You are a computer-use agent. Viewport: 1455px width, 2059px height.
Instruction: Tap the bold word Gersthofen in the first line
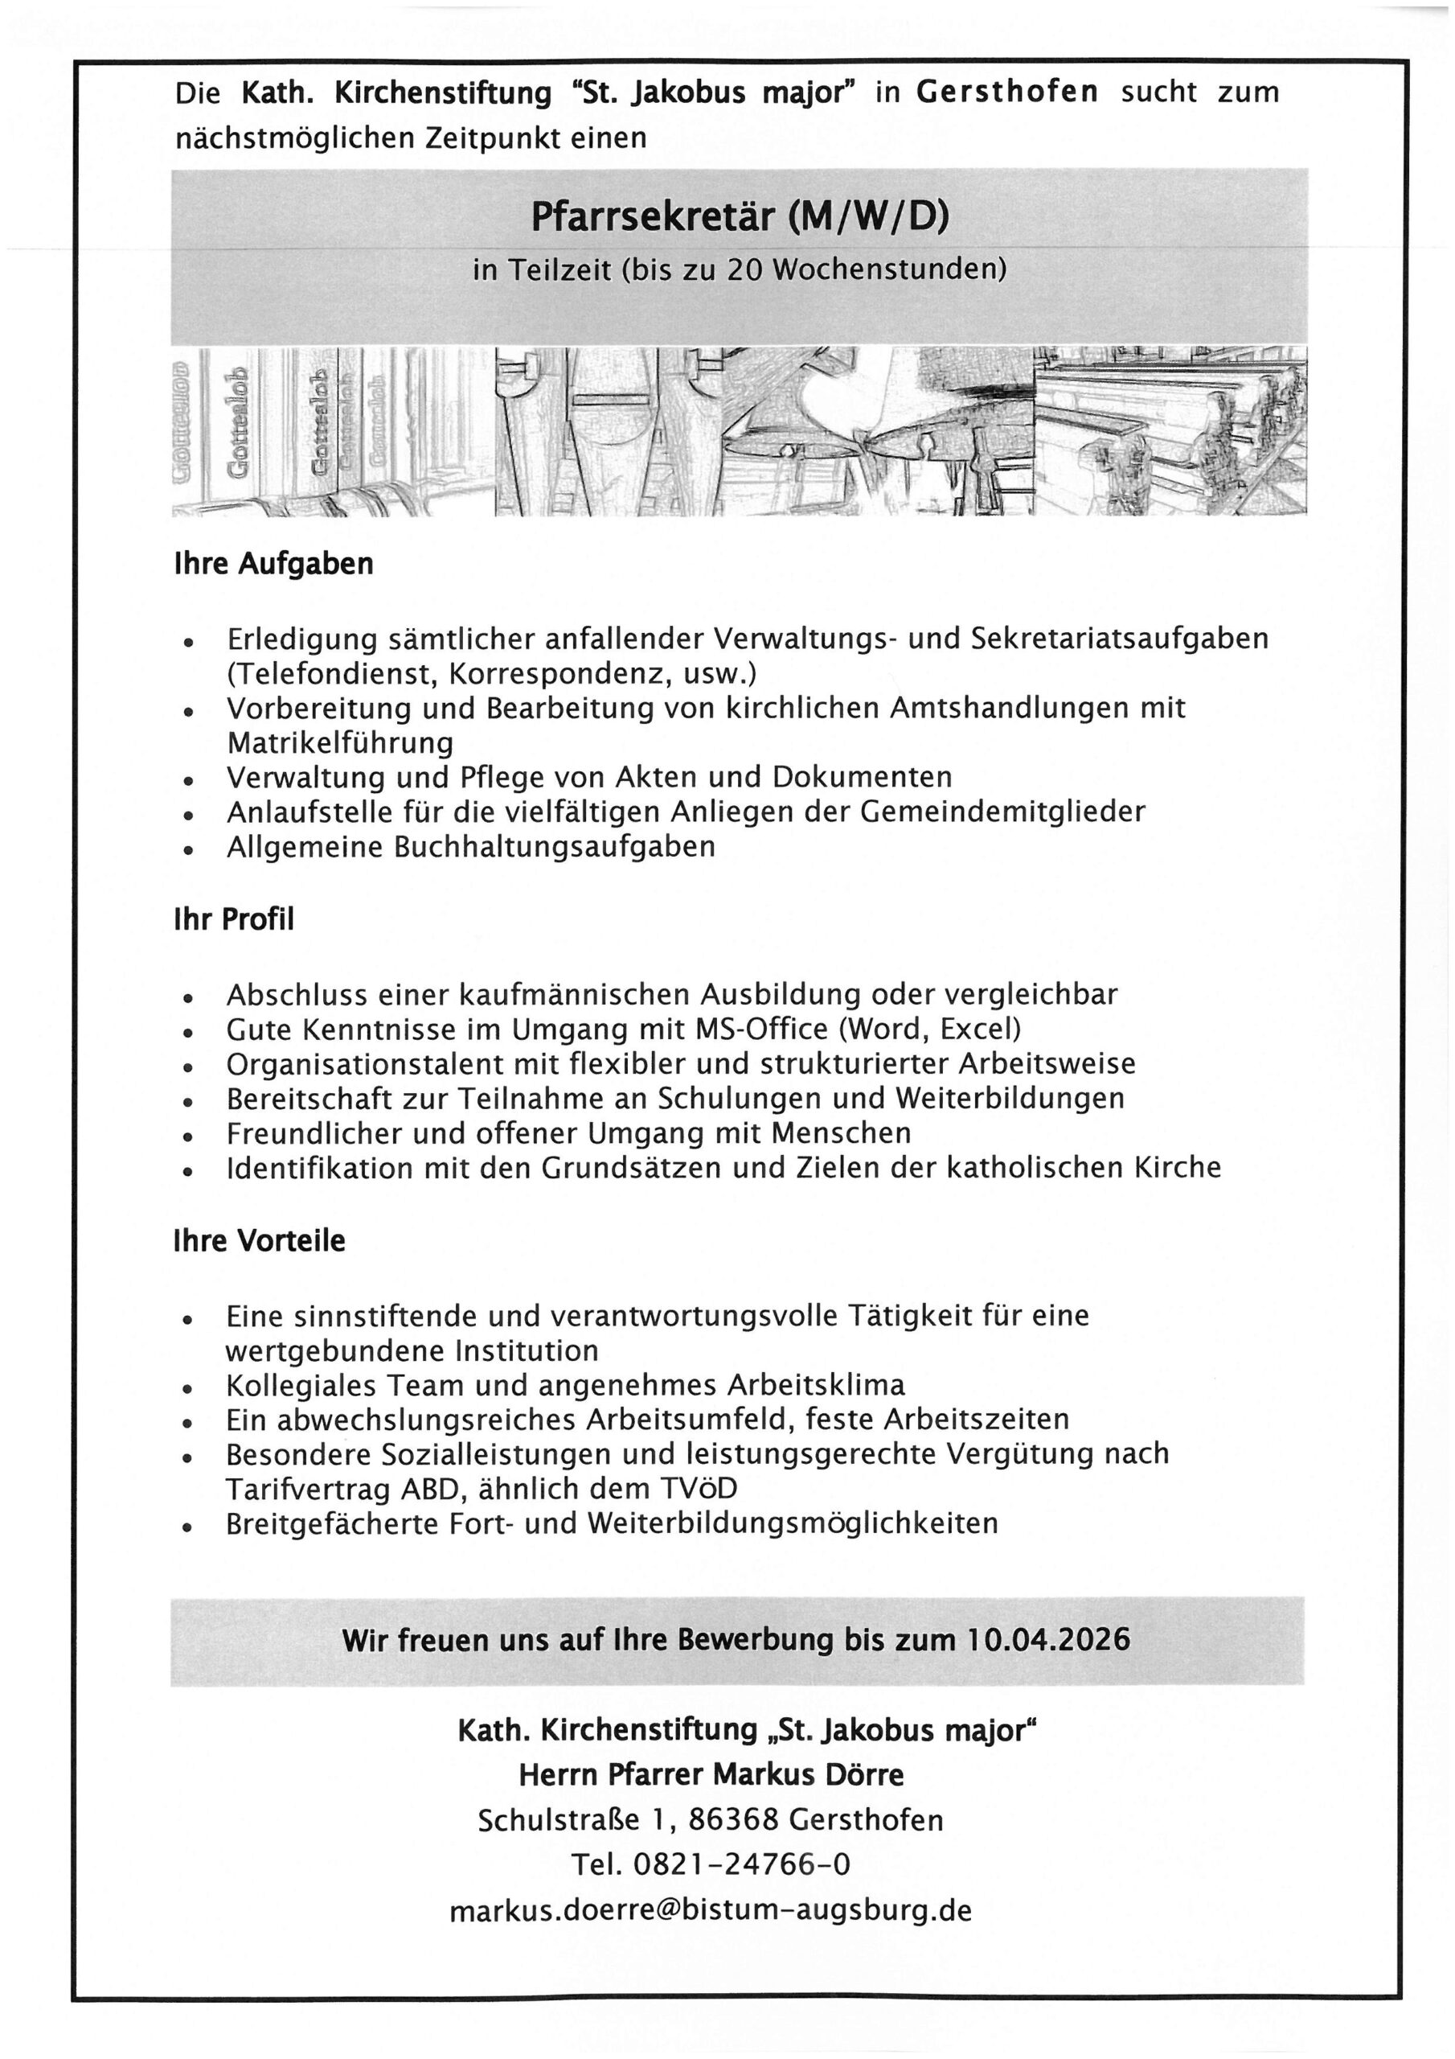(x=1006, y=92)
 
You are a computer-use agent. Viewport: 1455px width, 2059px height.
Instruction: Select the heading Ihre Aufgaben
(x=273, y=564)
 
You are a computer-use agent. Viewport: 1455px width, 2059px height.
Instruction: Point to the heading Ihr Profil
(x=234, y=920)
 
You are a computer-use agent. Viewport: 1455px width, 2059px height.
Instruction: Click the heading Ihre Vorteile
(x=259, y=1241)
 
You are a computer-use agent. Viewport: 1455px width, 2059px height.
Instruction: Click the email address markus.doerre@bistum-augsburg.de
(x=710, y=1909)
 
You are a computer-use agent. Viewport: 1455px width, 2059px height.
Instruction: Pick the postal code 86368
(x=734, y=1819)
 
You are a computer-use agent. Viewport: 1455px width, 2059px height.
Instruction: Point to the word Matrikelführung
(x=340, y=742)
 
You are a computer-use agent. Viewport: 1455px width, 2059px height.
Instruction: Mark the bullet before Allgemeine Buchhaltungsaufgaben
(x=187, y=850)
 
